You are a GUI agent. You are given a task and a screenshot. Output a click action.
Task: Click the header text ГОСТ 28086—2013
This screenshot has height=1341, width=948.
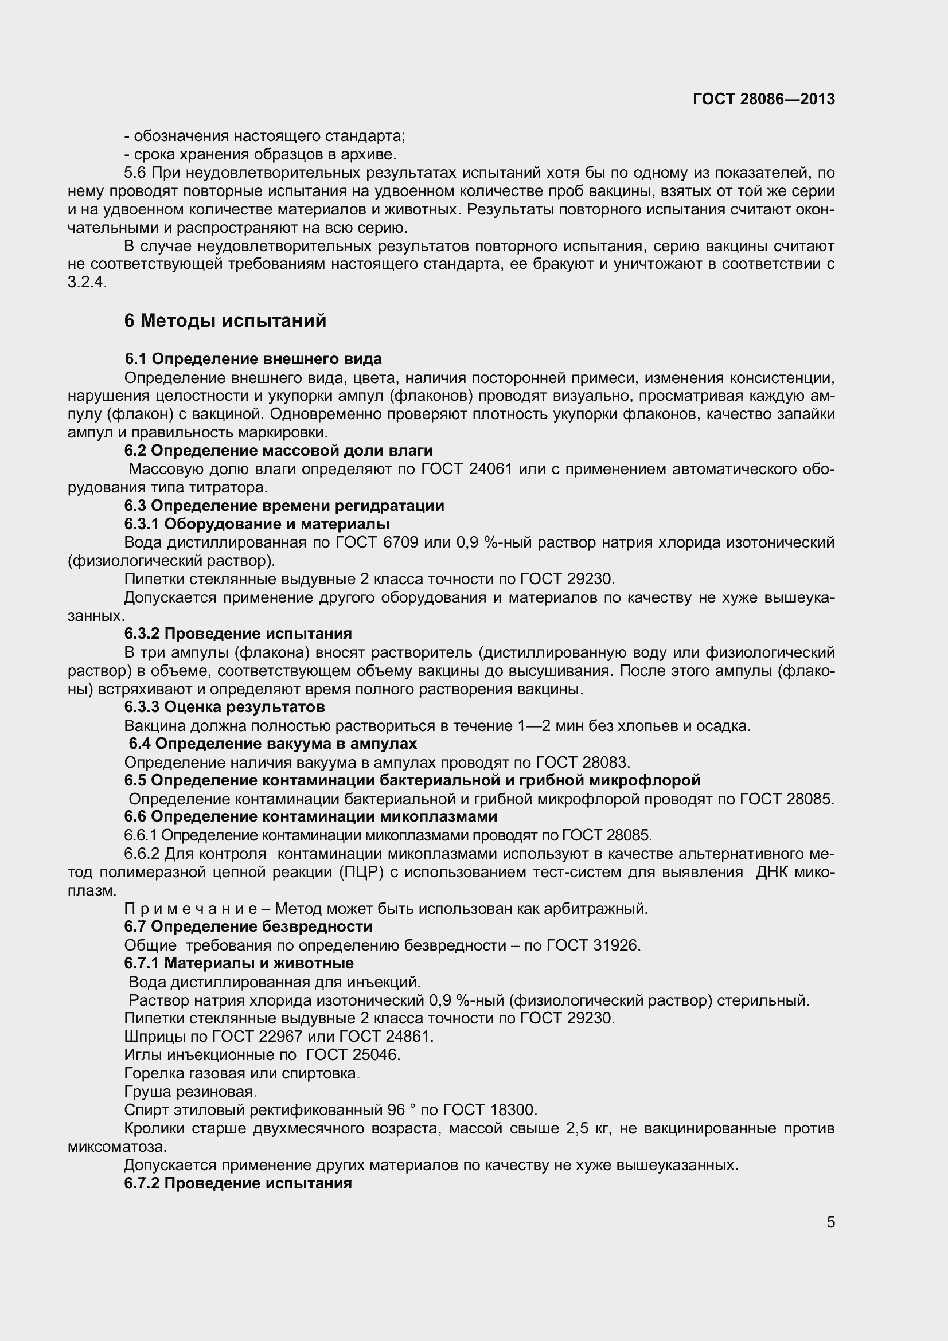763,99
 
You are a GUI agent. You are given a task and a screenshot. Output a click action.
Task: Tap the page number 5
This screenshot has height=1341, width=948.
830,1222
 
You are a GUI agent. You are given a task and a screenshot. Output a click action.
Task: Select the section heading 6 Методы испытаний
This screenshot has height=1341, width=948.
225,320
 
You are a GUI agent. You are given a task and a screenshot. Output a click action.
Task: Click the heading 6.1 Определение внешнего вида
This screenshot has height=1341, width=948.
253,358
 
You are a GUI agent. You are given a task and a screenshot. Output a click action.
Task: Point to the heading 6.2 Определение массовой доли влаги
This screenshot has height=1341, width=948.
279,450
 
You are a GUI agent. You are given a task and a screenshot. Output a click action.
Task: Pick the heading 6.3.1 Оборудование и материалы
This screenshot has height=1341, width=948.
257,524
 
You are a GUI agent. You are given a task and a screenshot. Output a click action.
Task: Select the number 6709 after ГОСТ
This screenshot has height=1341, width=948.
400,542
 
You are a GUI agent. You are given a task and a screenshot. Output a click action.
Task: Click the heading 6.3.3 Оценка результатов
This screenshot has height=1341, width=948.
225,707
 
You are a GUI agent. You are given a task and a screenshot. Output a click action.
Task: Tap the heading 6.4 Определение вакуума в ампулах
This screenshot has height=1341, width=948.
273,744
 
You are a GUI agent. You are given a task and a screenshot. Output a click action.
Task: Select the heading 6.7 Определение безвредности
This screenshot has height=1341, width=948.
248,926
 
